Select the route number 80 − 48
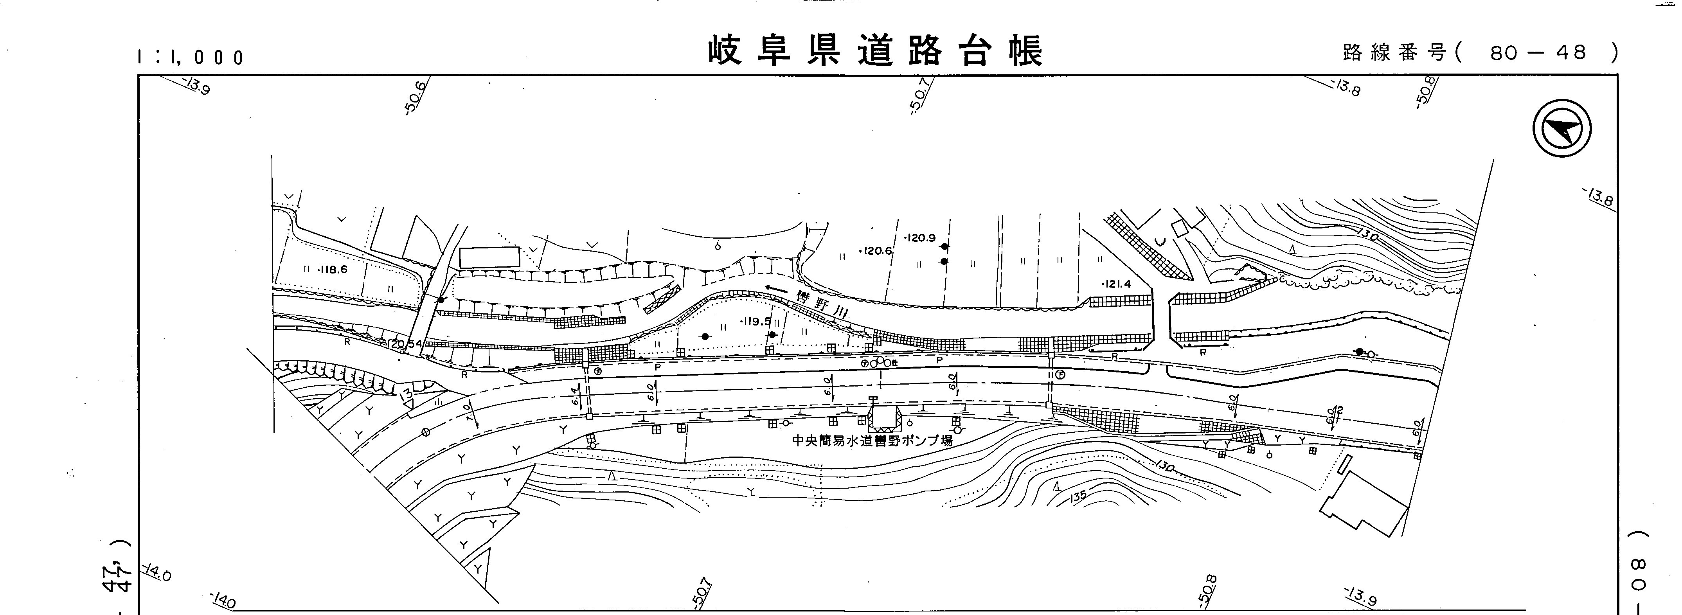(x=1538, y=53)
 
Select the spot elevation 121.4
(x=1116, y=284)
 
